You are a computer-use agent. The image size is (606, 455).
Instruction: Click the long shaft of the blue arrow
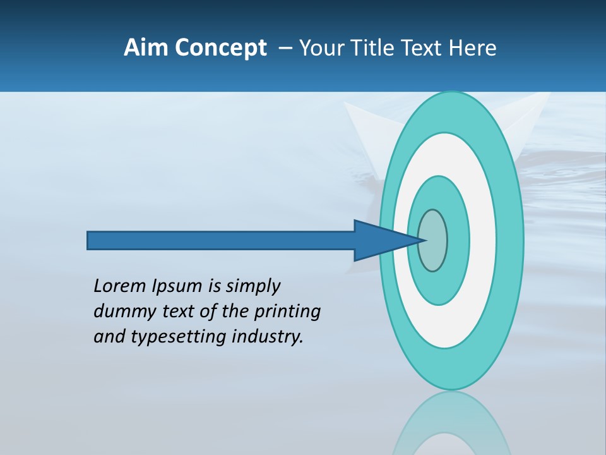click(x=221, y=240)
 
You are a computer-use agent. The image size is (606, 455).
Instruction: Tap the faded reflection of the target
click(x=451, y=423)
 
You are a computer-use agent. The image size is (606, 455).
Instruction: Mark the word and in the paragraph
click(x=109, y=337)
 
